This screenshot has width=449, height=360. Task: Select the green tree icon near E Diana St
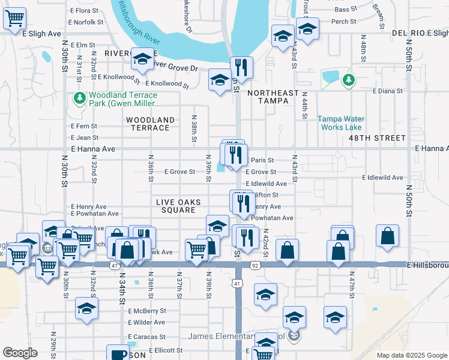pos(348,79)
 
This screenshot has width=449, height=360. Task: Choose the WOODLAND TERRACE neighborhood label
pos(150,124)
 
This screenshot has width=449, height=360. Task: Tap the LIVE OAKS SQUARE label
pos(178,206)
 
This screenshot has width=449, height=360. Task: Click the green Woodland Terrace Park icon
pos(79,97)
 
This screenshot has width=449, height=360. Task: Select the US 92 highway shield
pos(255,265)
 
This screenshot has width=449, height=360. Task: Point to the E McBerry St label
pos(146,311)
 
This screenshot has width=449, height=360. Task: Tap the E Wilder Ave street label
pos(146,322)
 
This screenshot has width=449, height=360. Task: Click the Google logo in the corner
pos(20,353)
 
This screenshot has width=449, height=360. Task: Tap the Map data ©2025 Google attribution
pos(411,355)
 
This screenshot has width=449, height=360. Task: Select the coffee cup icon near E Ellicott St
pos(117,353)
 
